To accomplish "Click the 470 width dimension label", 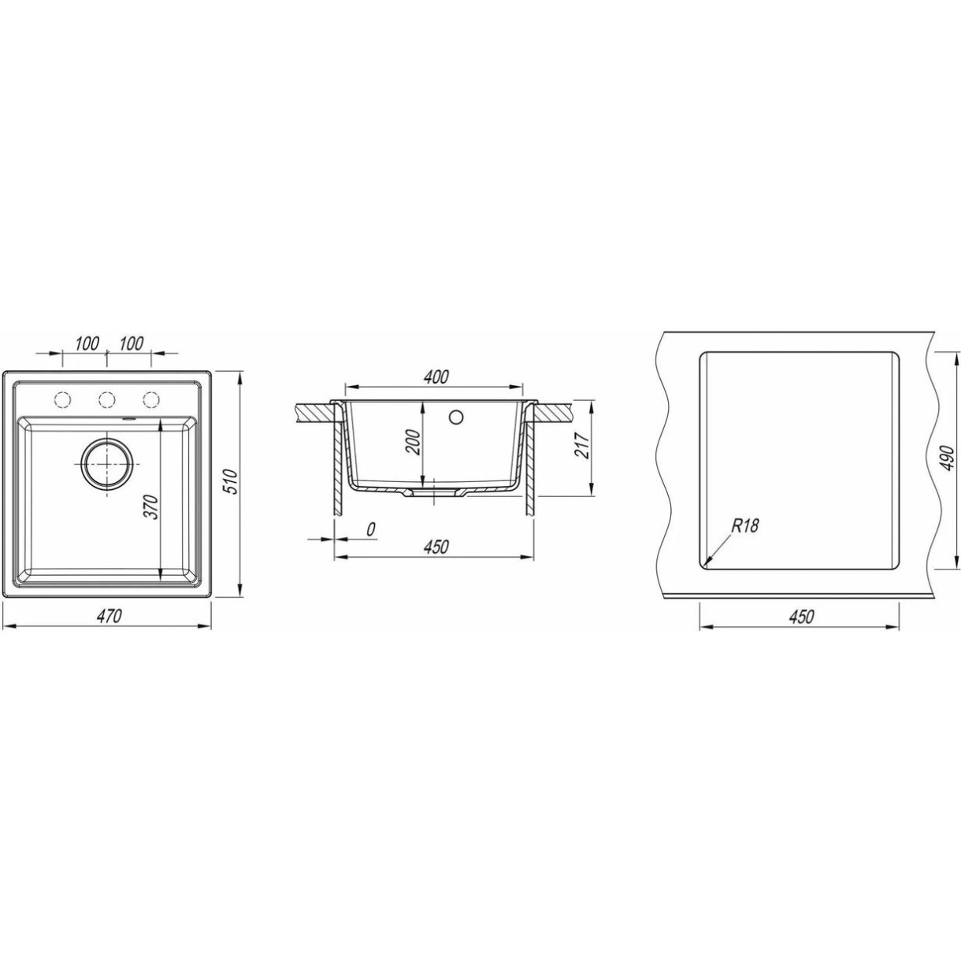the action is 109,617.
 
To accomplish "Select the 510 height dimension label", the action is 233,481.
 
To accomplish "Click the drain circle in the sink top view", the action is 107,464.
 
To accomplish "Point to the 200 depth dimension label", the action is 414,441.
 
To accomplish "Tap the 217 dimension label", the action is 582,445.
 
